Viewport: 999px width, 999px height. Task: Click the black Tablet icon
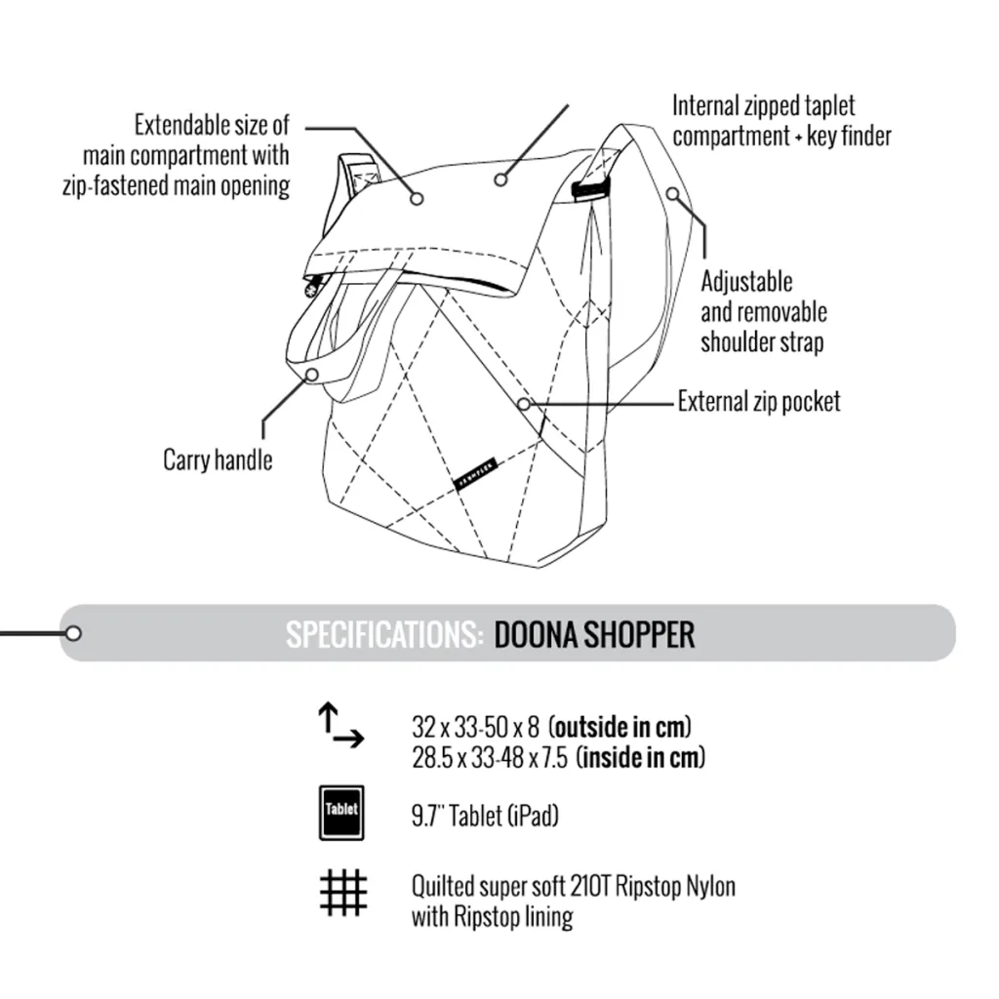click(x=341, y=813)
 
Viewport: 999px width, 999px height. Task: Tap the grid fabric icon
click(x=343, y=893)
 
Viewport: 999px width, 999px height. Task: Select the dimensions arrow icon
click(x=340, y=725)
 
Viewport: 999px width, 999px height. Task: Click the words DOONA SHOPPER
click(x=594, y=634)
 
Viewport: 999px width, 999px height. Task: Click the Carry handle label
click(x=218, y=460)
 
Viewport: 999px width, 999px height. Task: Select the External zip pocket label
click(x=759, y=401)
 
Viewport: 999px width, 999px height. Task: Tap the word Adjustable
click(x=746, y=282)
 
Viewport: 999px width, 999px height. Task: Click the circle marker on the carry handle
click(x=312, y=375)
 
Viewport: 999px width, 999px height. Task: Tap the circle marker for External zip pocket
click(x=523, y=404)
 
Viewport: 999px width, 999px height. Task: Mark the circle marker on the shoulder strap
click(x=673, y=193)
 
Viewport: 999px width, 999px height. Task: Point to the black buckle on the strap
click(x=590, y=188)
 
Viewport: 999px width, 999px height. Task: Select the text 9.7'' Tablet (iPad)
click(x=485, y=816)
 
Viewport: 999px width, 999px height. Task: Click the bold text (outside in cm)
click(x=619, y=726)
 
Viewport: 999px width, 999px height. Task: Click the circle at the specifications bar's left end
click(x=73, y=633)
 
